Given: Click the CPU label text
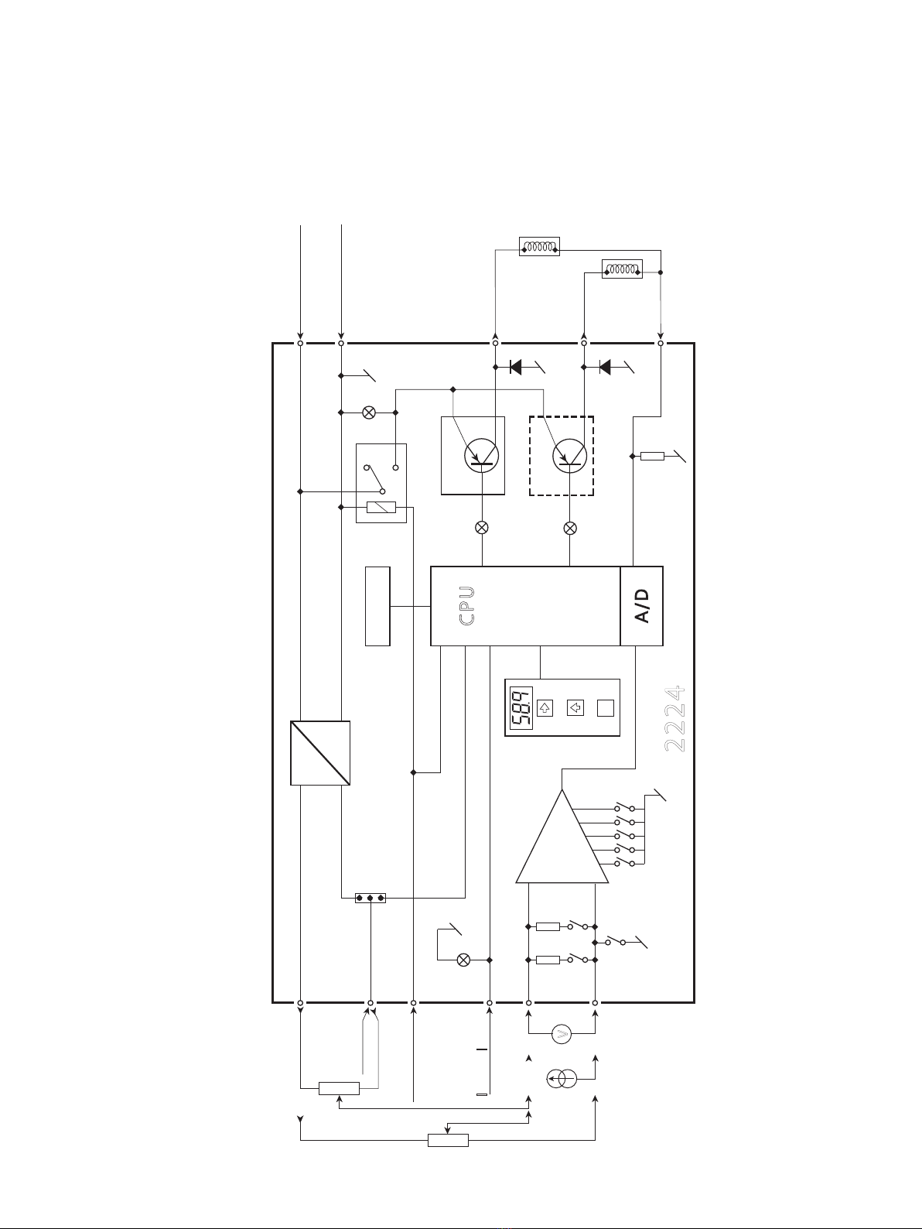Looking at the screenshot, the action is point(467,606).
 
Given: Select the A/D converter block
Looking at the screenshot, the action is point(642,606).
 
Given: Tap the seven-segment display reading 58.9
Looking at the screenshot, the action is point(521,707).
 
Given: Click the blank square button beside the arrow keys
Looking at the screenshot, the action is point(606,708).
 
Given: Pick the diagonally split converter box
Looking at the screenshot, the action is point(320,753).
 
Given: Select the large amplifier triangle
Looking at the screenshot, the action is point(562,836).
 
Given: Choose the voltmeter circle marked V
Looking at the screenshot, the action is point(562,1034).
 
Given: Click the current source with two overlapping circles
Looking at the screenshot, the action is point(562,1078).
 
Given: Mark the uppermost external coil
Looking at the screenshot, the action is point(539,246).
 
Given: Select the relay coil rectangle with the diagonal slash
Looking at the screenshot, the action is point(381,507).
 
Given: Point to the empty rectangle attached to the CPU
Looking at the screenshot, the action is point(377,606).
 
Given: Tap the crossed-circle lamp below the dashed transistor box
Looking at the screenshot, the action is point(570,528).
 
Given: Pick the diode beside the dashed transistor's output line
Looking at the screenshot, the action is point(605,368).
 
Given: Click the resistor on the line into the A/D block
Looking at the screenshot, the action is point(652,457).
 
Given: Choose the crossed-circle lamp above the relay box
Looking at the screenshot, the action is point(369,413).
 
